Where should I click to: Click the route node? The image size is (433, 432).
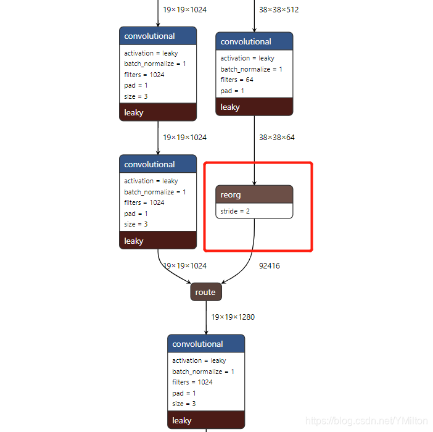205,292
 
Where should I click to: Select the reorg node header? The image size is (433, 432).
254,194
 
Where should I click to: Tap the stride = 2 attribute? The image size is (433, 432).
235,211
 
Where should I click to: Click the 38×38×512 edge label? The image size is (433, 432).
279,10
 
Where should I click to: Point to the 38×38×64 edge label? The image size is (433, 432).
276,138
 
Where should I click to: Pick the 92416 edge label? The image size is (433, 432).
269,266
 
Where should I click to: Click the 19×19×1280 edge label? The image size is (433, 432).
233,317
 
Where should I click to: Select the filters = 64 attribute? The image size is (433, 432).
237,80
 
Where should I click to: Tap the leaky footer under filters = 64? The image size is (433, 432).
254,107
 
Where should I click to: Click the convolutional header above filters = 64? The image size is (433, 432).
254,41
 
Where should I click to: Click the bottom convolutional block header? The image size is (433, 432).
206,344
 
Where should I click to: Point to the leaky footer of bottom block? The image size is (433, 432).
206,420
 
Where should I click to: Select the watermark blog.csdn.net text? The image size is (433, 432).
367,420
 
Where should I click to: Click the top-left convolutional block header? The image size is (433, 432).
158,36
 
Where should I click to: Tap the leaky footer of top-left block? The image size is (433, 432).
158,112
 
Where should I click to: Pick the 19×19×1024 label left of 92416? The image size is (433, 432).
184,266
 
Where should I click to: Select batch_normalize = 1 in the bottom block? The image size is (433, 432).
203,372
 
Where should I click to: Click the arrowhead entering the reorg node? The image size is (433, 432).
254,183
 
